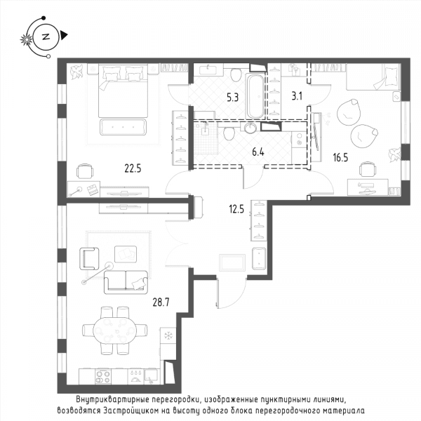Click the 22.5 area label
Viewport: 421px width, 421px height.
(x=133, y=168)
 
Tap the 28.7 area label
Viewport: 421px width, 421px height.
(x=161, y=302)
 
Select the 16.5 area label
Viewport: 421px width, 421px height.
(x=340, y=157)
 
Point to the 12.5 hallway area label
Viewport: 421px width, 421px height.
(x=236, y=209)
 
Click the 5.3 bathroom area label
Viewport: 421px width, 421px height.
(x=232, y=98)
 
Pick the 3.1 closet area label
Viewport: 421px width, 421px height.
(x=297, y=96)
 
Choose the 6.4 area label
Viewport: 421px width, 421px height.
(x=258, y=152)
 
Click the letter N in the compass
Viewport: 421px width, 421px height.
(x=46, y=36)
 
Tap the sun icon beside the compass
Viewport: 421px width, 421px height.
(x=27, y=40)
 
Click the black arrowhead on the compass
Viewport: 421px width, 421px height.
(x=64, y=35)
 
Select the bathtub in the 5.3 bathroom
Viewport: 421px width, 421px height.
(x=255, y=96)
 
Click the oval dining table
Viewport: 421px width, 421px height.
(x=114, y=330)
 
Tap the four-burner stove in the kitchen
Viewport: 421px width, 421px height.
(x=103, y=376)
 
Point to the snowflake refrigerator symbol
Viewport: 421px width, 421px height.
(x=168, y=335)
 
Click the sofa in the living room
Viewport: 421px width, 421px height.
(x=126, y=282)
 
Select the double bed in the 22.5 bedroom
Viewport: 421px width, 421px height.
(x=123, y=91)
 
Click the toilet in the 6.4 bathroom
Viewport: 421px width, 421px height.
(x=229, y=133)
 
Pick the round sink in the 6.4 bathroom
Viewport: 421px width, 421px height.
(x=250, y=127)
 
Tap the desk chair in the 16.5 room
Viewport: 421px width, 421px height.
(x=368, y=169)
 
